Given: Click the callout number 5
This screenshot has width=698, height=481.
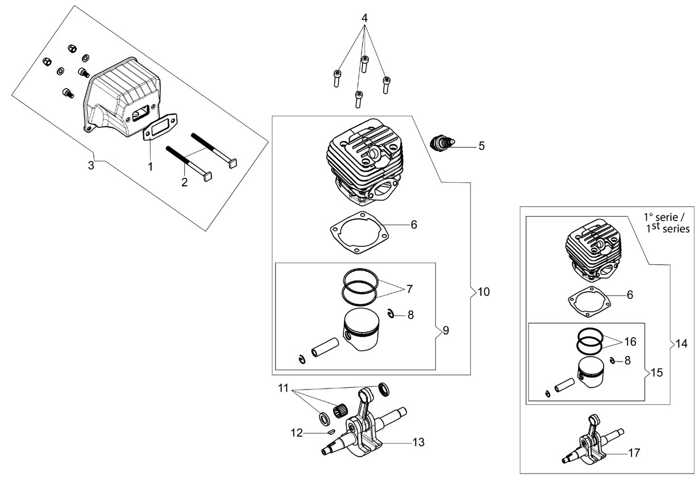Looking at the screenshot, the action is click(x=481, y=146).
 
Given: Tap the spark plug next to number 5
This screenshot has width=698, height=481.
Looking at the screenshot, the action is click(x=442, y=143).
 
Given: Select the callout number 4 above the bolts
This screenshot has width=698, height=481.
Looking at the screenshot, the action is click(x=364, y=18).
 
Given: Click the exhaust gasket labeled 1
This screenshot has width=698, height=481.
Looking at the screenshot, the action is click(x=160, y=128).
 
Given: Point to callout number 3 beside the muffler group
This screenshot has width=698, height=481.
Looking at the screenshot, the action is click(x=91, y=165).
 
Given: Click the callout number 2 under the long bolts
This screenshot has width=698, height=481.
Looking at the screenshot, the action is click(x=185, y=183).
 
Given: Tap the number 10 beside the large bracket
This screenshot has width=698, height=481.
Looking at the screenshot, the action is click(x=484, y=292).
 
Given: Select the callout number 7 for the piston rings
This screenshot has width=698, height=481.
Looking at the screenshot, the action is click(x=409, y=289).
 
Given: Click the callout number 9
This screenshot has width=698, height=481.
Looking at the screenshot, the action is click(x=446, y=330).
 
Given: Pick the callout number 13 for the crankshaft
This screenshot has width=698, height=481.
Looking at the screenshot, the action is click(x=418, y=442).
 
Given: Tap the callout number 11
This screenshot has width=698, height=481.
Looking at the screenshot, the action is click(x=283, y=388).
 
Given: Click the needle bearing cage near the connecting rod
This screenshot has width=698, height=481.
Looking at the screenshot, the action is click(x=340, y=412).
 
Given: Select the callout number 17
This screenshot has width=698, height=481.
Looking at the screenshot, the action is click(x=634, y=453).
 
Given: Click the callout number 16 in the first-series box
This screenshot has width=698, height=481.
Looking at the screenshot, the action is click(x=630, y=342).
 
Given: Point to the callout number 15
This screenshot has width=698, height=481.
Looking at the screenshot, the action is click(x=657, y=372).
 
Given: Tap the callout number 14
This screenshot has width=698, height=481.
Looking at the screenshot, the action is click(x=681, y=343).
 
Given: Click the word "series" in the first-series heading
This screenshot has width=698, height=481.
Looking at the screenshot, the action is click(x=676, y=229).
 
